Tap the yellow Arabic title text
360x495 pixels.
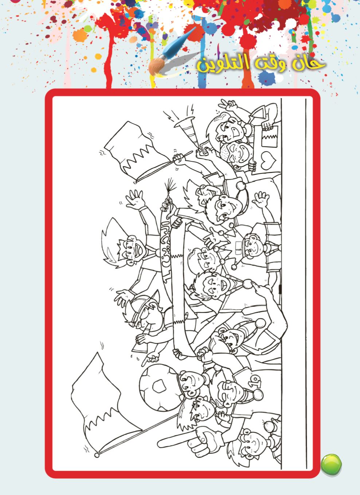point(260,63)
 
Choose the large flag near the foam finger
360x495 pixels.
point(98,401)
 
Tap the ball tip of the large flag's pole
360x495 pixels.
point(97,455)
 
